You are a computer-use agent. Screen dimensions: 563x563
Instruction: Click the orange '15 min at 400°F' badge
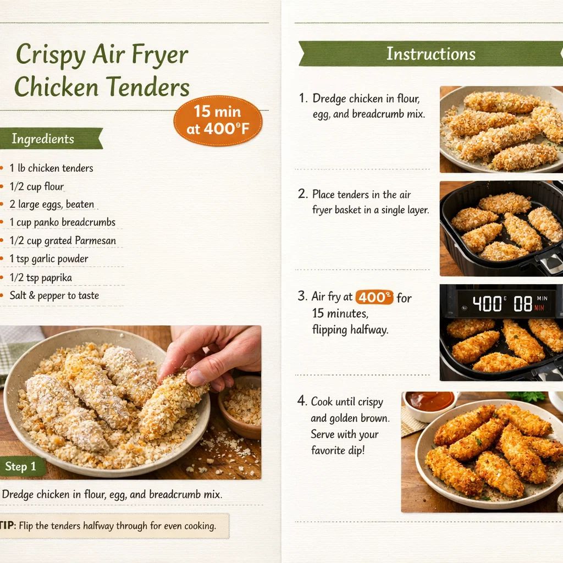pyautogui.click(x=218, y=121)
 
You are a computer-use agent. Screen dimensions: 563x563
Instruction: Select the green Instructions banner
pyautogui.click(x=430, y=54)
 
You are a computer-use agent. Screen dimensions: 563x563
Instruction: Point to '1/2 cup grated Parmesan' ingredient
pyautogui.click(x=63, y=241)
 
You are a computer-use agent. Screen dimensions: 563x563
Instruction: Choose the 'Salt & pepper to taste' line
pyautogui.click(x=54, y=295)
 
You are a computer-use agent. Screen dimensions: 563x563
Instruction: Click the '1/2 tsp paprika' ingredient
pyautogui.click(x=41, y=278)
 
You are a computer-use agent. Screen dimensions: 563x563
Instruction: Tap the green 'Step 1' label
pyautogui.click(x=21, y=467)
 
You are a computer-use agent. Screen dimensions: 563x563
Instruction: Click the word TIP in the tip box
pyautogui.click(x=7, y=526)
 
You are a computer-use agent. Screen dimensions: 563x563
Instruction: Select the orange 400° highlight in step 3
pyautogui.click(x=374, y=297)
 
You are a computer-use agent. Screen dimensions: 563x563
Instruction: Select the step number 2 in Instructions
pyautogui.click(x=302, y=194)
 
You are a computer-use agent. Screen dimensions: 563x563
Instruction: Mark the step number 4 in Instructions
pyautogui.click(x=302, y=401)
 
